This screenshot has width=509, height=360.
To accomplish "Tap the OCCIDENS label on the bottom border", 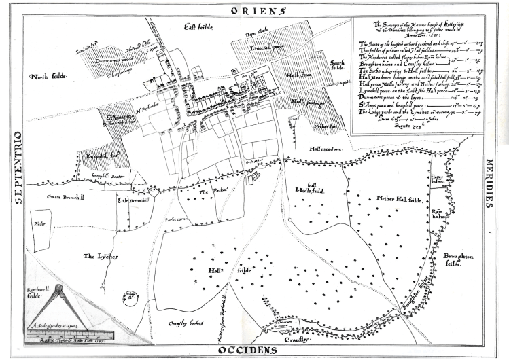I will (x=248, y=350).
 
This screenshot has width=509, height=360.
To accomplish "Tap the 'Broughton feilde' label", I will (x=456, y=259).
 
